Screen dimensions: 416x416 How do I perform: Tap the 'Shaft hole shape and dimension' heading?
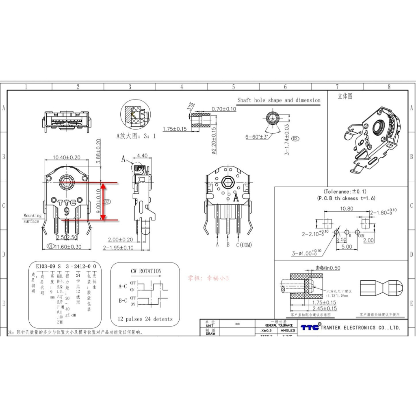point(279,100)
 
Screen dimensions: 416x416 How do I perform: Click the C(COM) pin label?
point(244,245)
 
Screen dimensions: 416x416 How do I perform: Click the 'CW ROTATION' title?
point(146,271)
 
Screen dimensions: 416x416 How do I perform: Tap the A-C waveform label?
point(123,286)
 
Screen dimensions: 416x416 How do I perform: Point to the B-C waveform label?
point(123,301)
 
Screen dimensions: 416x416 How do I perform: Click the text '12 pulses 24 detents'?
point(145,319)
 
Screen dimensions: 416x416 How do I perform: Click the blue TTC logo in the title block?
point(310,327)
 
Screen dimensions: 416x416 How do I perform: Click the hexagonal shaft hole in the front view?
point(67,182)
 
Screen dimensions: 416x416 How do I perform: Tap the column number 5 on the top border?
point(234,87)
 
